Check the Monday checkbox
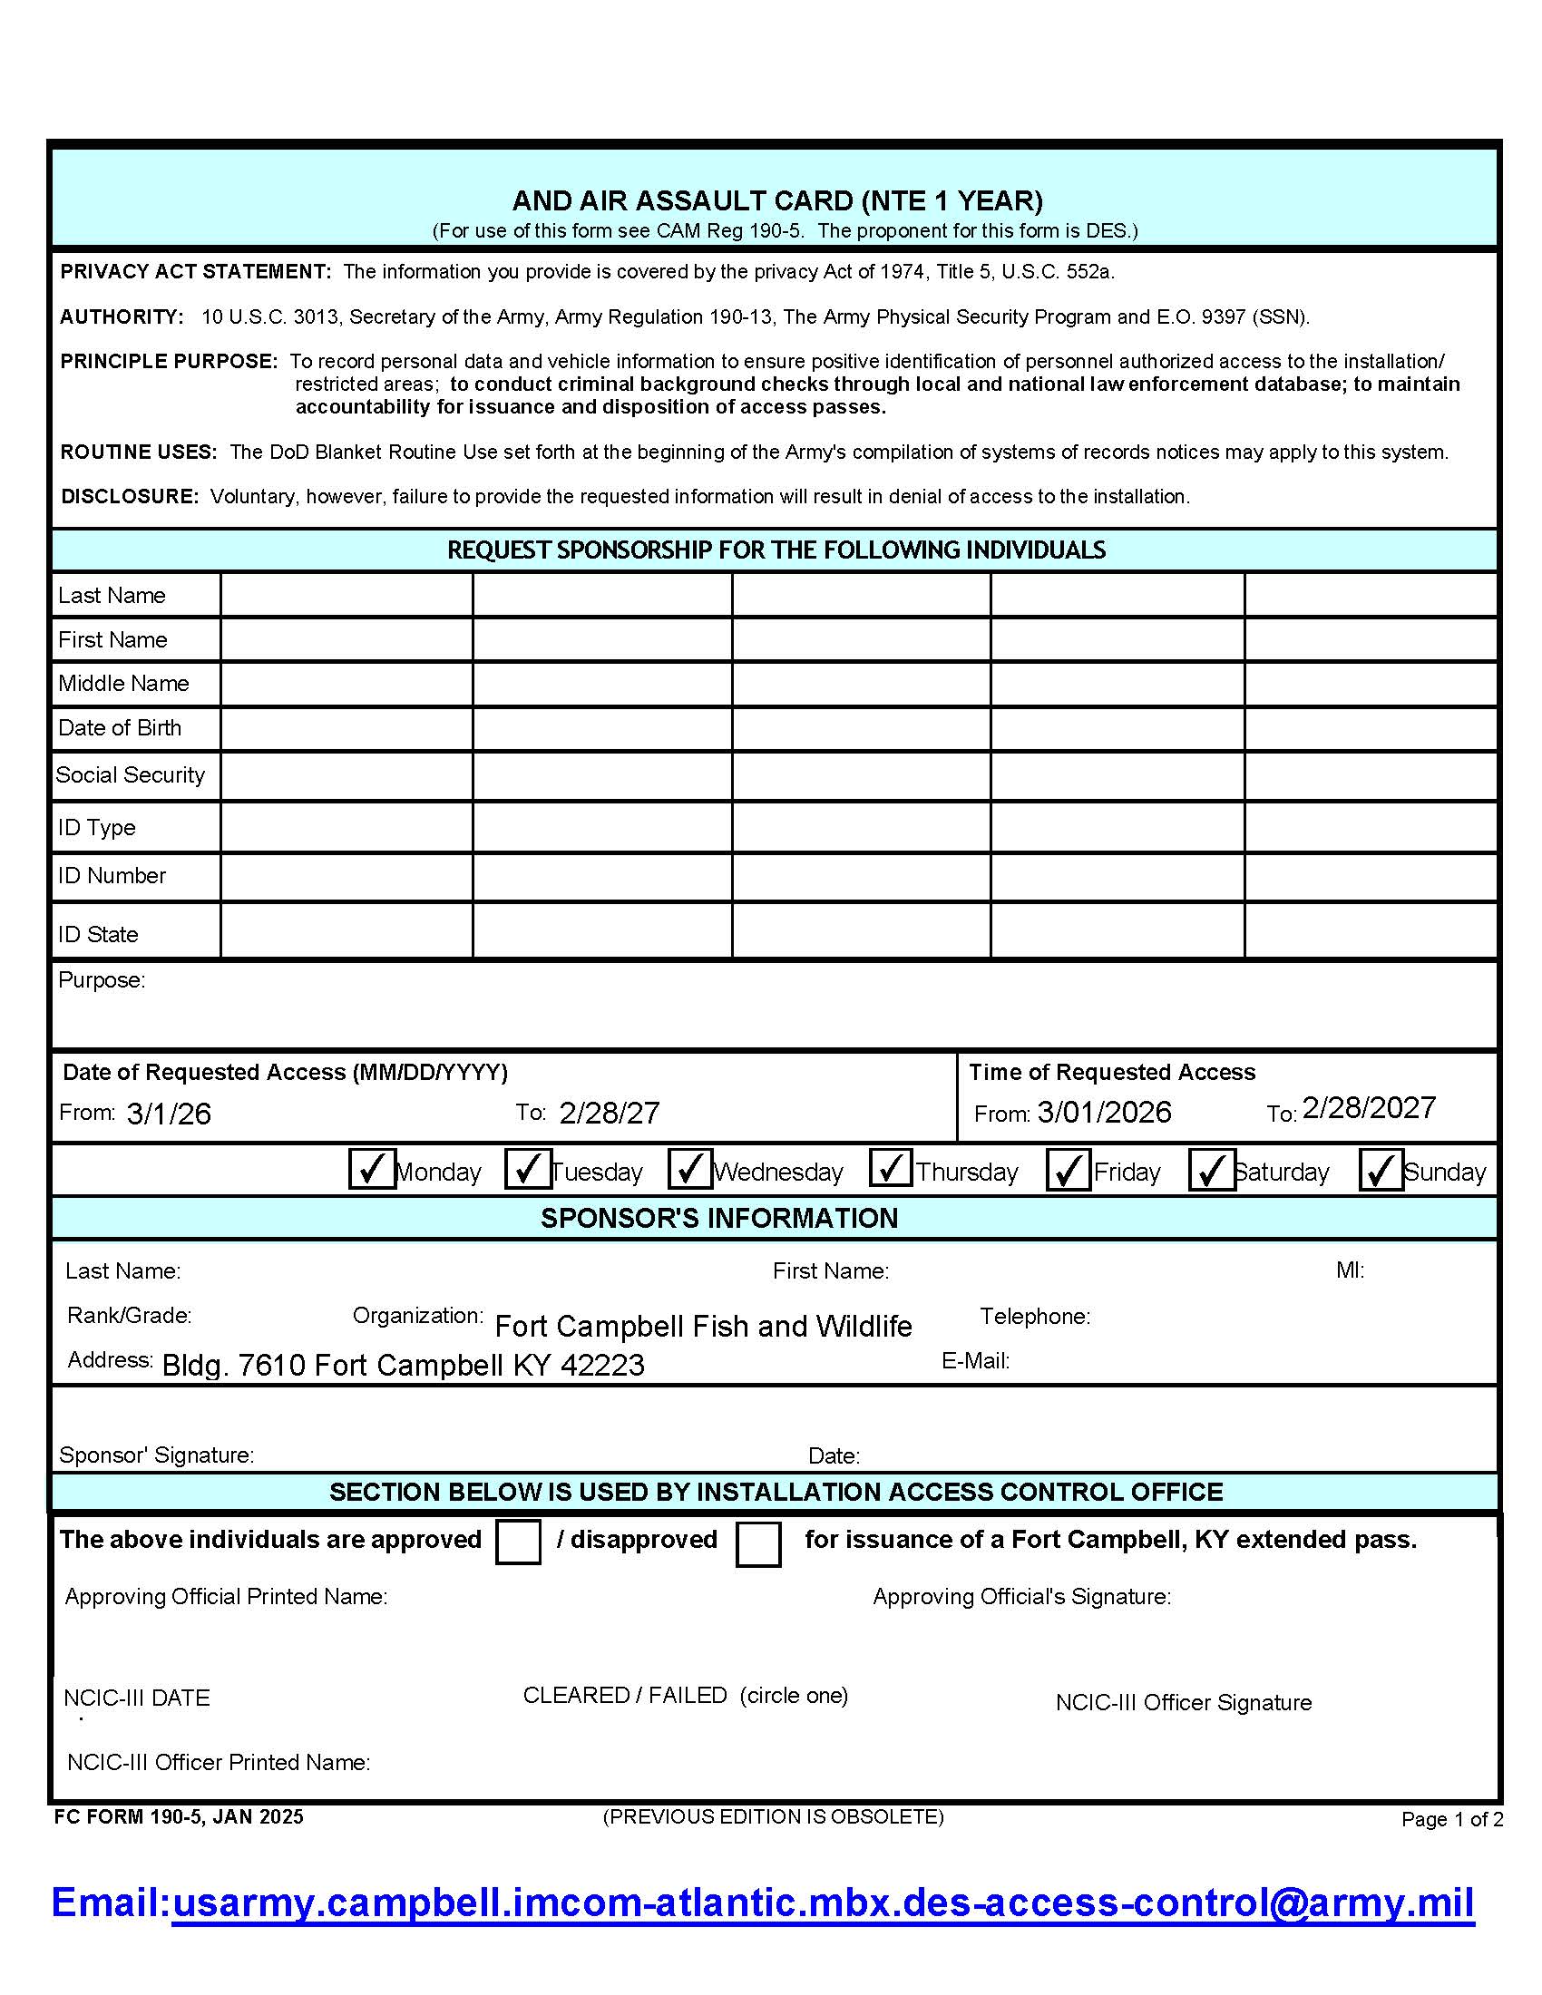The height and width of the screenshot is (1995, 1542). click(372, 1169)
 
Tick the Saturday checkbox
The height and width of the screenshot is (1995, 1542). click(1211, 1170)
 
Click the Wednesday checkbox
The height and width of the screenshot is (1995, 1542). click(689, 1169)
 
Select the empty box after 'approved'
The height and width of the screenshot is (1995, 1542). click(518, 1542)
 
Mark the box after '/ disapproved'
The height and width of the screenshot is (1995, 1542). click(757, 1543)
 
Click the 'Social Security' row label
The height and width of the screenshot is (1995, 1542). click(131, 774)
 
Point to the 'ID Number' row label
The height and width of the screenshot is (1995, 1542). click(112, 875)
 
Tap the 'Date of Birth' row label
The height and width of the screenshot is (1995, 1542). click(120, 727)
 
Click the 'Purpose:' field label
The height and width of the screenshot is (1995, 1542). click(102, 979)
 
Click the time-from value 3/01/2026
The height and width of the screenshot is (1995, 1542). click(1105, 1112)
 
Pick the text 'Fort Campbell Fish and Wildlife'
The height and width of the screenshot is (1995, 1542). click(703, 1326)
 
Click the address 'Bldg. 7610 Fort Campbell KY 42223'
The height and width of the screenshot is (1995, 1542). click(403, 1365)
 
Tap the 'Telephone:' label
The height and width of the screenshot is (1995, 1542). click(1035, 1317)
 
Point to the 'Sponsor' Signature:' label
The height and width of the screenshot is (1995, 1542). click(156, 1455)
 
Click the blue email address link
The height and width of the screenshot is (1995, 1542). click(822, 1902)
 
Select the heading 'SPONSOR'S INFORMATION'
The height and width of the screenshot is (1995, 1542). click(719, 1218)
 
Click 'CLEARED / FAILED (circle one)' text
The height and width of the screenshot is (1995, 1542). click(685, 1696)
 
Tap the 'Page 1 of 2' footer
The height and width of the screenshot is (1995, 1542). click(1451, 1819)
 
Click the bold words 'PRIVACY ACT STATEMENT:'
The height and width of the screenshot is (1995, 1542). click(196, 271)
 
